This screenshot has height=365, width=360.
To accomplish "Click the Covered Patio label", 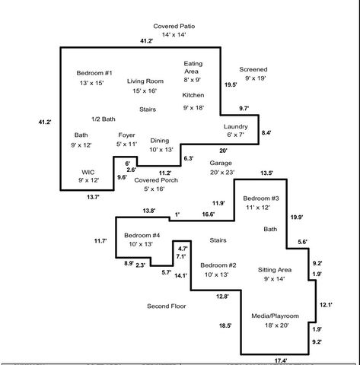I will tap(174, 25).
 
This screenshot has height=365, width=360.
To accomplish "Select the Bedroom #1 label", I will tap(94, 72).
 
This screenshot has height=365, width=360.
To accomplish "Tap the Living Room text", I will tap(145, 80).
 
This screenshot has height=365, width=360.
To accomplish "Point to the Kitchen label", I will tap(193, 95).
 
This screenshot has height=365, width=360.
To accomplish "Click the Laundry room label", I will tap(236, 126).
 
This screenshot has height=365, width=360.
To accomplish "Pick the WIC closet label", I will tap(89, 172).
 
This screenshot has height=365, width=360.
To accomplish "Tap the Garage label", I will tap(221, 163).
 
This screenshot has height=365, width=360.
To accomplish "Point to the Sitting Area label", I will tap(275, 270).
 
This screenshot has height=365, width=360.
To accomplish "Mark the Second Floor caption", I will tap(167, 306).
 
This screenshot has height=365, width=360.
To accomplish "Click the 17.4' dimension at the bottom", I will tap(280, 360).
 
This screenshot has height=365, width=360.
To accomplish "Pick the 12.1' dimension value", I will tap(326, 304).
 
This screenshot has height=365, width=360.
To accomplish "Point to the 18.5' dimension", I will tap(225, 325).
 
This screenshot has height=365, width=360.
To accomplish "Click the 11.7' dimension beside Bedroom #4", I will tap(100, 241).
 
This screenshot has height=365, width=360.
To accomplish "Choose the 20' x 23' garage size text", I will tap(221, 173).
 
